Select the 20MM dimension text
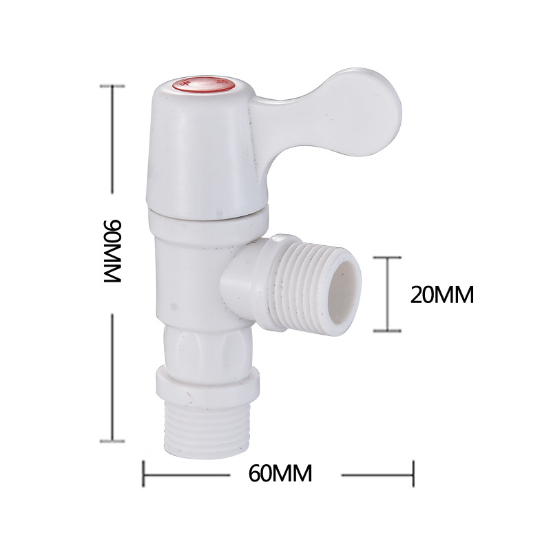(441, 295)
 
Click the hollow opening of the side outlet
(347, 293)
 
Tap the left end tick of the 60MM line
(143, 473)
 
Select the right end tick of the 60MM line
(413, 473)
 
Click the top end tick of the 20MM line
(387, 258)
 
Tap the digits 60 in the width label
(263, 473)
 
